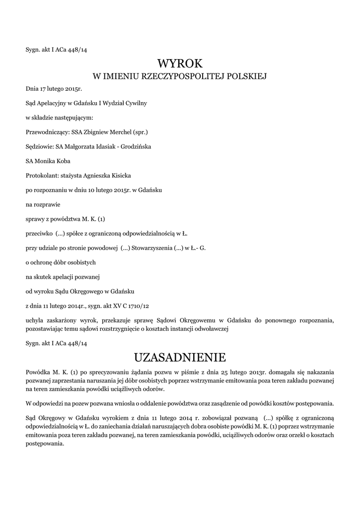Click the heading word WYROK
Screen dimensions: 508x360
pyautogui.click(x=180, y=63)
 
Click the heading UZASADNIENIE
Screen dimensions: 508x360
pyautogui.click(x=180, y=357)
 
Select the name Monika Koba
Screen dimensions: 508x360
pyautogui.click(x=53, y=161)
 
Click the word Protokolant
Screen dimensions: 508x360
pyautogui.click(x=41, y=175)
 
